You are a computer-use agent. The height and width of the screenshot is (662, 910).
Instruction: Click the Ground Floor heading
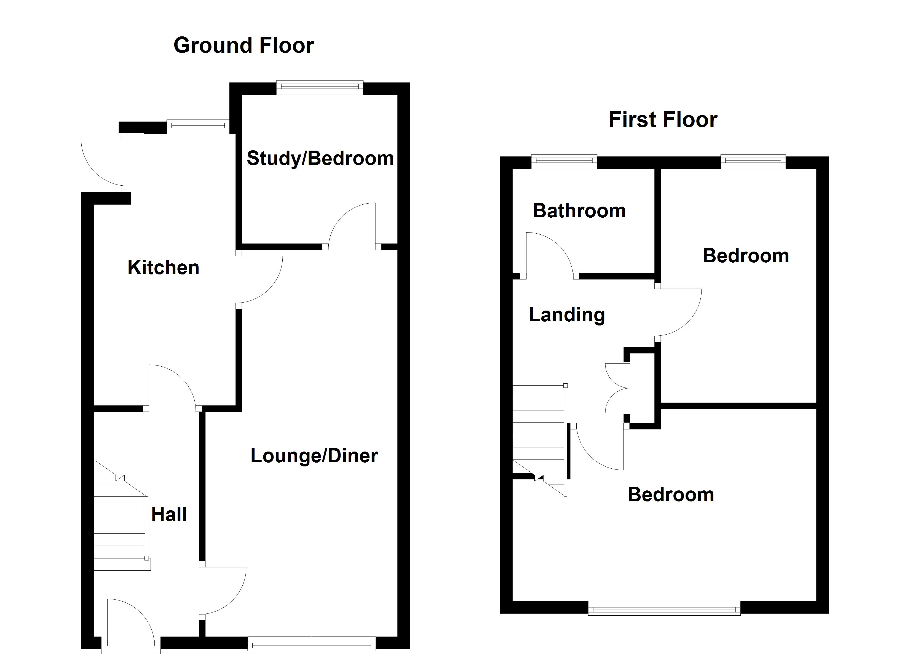[243, 45]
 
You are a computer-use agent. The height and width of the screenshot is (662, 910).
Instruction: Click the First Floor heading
[663, 120]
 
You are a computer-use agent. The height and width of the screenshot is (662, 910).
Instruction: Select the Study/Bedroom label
[320, 158]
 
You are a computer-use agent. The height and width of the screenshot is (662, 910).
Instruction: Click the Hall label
[169, 514]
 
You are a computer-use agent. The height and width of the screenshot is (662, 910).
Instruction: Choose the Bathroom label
[579, 211]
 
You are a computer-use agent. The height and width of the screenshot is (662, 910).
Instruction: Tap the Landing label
[566, 315]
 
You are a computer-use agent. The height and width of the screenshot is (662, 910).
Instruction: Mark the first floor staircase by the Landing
[539, 434]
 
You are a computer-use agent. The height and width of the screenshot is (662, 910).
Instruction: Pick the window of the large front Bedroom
[664, 610]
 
